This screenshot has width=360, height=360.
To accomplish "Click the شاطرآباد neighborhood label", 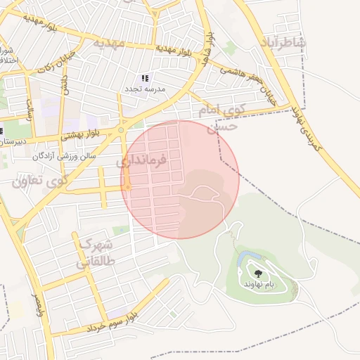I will (x=283, y=42).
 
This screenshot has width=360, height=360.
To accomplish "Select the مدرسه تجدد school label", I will (x=145, y=89).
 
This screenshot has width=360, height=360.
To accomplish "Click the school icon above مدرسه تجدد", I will (x=145, y=78).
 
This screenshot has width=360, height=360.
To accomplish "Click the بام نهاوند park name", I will (x=259, y=283).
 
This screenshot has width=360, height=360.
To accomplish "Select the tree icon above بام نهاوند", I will (x=259, y=273).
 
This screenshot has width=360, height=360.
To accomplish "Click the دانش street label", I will (x=65, y=86).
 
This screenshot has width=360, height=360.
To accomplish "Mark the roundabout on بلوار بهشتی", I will (x=121, y=130).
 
